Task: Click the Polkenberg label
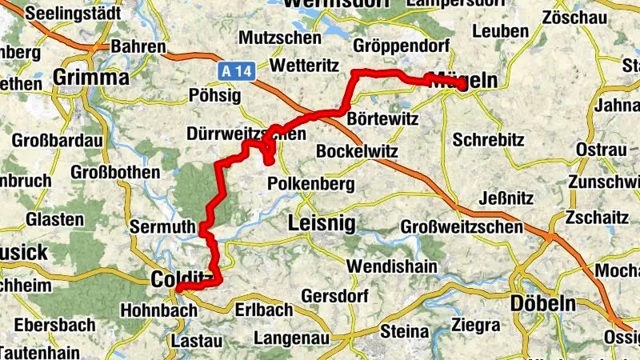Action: tap(310, 183)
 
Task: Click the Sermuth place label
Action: tap(163, 227)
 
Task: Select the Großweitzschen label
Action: tap(462, 227)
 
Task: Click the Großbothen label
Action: tap(115, 172)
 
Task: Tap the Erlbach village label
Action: tap(263, 309)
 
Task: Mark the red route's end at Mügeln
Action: tap(463, 86)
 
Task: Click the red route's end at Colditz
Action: tap(178, 289)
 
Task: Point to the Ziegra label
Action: tap(475, 326)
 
